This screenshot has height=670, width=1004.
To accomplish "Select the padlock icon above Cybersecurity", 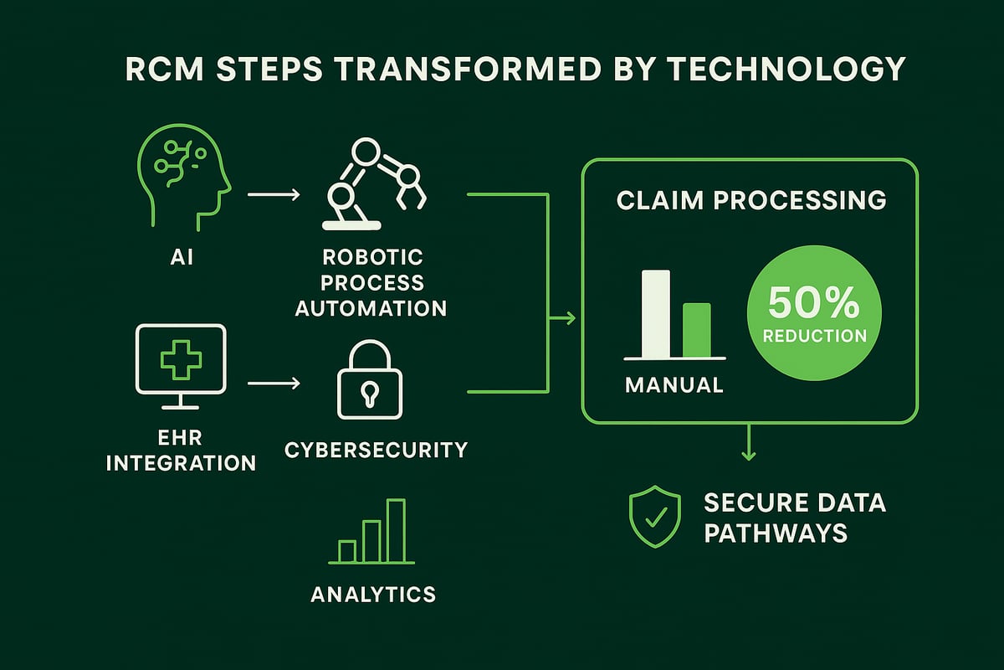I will coord(369,381).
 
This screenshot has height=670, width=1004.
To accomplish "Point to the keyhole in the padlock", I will coord(369,392).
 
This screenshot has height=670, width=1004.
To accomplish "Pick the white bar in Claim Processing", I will coord(655,314).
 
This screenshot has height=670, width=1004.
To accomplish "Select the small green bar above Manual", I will coord(696,330).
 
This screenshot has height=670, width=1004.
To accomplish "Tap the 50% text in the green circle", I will coord(813,304).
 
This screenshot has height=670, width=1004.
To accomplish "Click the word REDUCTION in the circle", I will coord(813,336).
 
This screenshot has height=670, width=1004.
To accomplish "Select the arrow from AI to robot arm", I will coord(274,195).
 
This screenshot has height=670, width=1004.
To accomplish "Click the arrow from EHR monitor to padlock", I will coord(274,384).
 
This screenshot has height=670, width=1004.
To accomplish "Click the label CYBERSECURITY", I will coord(376,450).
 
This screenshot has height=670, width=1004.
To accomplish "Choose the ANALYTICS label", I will coord(373,594).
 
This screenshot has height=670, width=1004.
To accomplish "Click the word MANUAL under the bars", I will coord(674,385).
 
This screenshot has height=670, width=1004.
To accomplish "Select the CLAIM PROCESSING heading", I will coord(750,201).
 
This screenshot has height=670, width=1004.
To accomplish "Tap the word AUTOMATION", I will coord(371,307).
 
